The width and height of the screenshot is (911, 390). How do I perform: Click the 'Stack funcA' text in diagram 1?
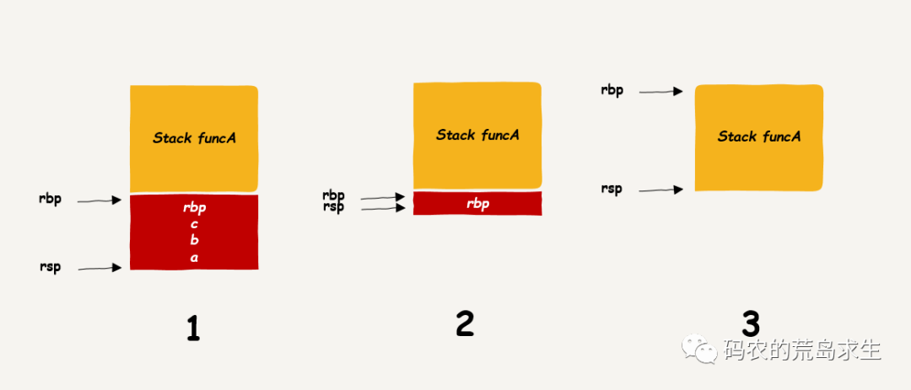click(x=194, y=137)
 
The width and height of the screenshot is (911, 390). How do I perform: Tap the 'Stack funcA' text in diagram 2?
click(x=477, y=135)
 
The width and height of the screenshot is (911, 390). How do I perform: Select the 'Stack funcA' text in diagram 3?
click(x=759, y=136)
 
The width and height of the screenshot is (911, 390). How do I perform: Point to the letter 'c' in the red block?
click(x=194, y=224)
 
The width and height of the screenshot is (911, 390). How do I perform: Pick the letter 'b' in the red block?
click(x=194, y=241)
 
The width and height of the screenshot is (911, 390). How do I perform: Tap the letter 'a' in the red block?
click(x=194, y=258)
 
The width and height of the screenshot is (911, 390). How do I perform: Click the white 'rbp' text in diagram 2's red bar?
click(x=477, y=204)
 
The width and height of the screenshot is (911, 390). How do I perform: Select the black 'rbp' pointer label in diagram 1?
click(x=50, y=200)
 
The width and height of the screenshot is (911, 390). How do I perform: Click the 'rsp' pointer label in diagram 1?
click(x=50, y=269)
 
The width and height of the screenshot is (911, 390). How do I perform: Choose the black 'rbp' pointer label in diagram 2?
click(x=333, y=196)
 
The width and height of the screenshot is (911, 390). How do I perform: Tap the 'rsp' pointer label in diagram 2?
click(x=333, y=207)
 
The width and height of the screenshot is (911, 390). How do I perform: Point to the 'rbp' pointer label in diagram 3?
click(x=612, y=90)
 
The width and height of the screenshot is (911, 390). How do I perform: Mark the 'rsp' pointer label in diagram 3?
click(x=612, y=190)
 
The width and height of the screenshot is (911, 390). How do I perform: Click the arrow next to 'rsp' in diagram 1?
click(x=100, y=269)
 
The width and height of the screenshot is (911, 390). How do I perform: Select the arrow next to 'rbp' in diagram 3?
click(x=660, y=91)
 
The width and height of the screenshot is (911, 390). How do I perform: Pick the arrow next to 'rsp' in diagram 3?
click(x=660, y=190)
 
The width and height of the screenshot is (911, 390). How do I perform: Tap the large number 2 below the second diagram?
click(x=465, y=323)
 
